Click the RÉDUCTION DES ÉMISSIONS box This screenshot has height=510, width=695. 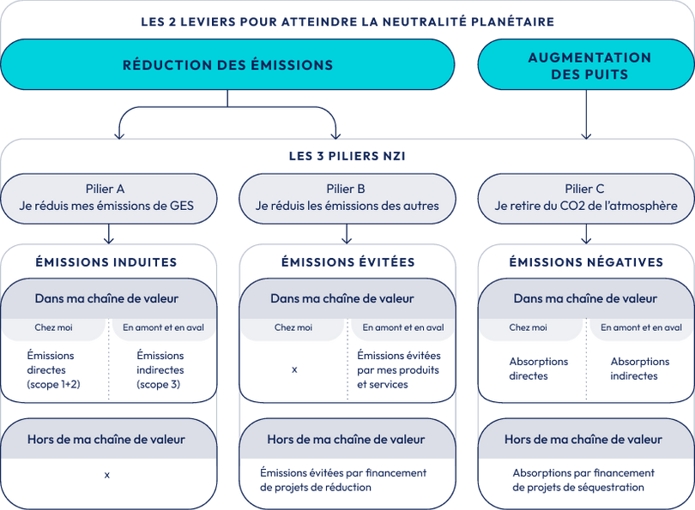pyautogui.click(x=227, y=64)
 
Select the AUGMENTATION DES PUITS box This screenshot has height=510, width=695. pyautogui.click(x=589, y=65)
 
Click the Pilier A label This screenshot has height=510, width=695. pyautogui.click(x=106, y=189)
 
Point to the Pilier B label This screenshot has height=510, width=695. pyautogui.click(x=347, y=189)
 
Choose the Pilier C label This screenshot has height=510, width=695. pyautogui.click(x=586, y=189)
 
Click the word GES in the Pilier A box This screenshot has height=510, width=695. pyautogui.click(x=181, y=206)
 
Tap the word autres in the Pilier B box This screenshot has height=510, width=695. pyautogui.click(x=419, y=206)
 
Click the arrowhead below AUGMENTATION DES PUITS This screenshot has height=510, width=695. pyautogui.click(x=586, y=133)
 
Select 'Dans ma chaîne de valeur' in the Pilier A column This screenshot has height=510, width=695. pyautogui.click(x=106, y=298)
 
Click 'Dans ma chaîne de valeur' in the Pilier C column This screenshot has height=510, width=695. pyautogui.click(x=585, y=298)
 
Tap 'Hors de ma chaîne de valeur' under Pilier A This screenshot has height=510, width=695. pyautogui.click(x=106, y=440)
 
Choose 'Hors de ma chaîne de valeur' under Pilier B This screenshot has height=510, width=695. pyautogui.click(x=346, y=440)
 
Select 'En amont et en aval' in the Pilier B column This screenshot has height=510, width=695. pyautogui.click(x=402, y=327)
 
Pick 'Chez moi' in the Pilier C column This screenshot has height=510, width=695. pyautogui.click(x=528, y=327)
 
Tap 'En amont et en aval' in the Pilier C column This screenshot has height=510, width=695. pyautogui.click(x=641, y=327)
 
